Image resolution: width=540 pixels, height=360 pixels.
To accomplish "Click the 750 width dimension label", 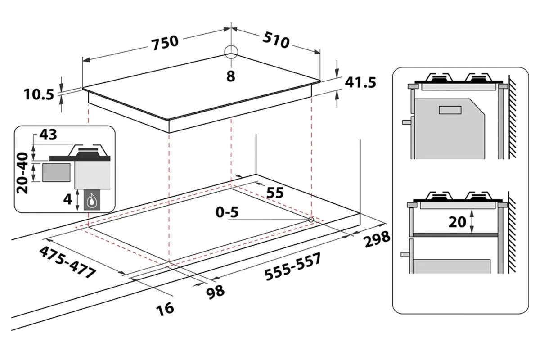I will [165, 41].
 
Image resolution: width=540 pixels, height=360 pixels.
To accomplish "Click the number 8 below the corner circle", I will [231, 76].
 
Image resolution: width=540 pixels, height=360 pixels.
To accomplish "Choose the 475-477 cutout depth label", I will [67, 262].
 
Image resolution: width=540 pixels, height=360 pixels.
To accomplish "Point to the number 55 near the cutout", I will [275, 193].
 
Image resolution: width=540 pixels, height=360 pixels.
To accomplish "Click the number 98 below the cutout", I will [216, 291].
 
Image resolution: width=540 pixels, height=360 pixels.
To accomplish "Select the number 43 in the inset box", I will [48, 135].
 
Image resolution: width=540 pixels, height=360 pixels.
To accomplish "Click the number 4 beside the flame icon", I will [68, 199].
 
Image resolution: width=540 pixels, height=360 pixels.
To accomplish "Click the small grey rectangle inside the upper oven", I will [450, 110].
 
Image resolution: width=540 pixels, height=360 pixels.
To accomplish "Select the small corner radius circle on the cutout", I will [311, 219].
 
